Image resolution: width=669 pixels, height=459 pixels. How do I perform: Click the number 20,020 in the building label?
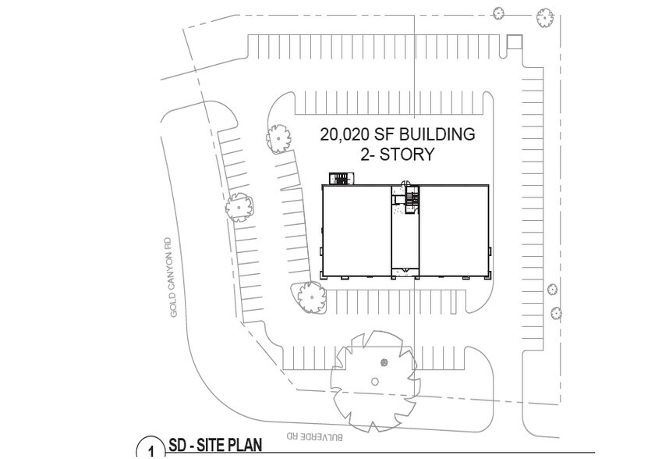(345, 135)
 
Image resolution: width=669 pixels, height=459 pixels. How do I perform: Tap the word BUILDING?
(437, 134)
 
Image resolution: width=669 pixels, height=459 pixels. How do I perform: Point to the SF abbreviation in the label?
(384, 134)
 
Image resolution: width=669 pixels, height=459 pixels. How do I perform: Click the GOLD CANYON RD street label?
(173, 278)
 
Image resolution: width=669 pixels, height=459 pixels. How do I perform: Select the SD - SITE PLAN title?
(215, 445)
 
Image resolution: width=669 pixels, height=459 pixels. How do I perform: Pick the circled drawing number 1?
(150, 449)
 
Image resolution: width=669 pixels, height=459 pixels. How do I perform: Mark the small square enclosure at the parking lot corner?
(514, 42)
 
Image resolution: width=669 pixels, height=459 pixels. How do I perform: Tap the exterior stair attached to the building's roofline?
(341, 179)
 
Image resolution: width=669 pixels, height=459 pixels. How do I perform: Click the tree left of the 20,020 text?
(279, 139)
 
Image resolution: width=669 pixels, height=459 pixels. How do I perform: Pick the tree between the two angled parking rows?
(239, 207)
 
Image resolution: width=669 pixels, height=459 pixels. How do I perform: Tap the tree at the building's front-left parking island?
(311, 297)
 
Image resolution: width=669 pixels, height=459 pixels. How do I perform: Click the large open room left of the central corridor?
(356, 230)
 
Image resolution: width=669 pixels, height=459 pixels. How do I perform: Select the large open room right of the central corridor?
(454, 230)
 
